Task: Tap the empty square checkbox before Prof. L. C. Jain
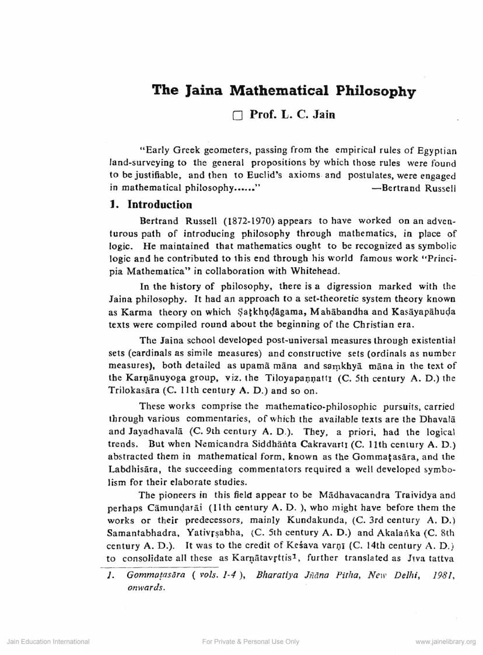[x=236, y=116]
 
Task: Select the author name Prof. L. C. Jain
[x=292, y=115]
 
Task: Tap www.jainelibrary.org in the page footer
[x=446, y=642]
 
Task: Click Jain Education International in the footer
[x=48, y=642]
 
